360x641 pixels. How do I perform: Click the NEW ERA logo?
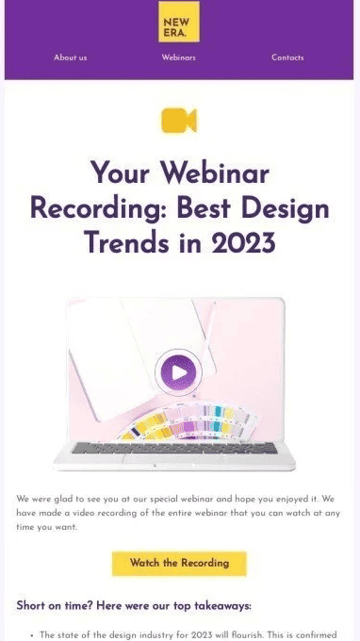click(179, 22)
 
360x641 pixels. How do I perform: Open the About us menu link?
click(71, 58)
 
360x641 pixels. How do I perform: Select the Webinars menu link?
click(179, 58)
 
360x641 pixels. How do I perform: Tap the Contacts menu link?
click(287, 58)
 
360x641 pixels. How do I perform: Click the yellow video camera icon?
click(179, 121)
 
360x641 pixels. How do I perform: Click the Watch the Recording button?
click(179, 563)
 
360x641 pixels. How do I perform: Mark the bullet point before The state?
click(32, 635)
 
